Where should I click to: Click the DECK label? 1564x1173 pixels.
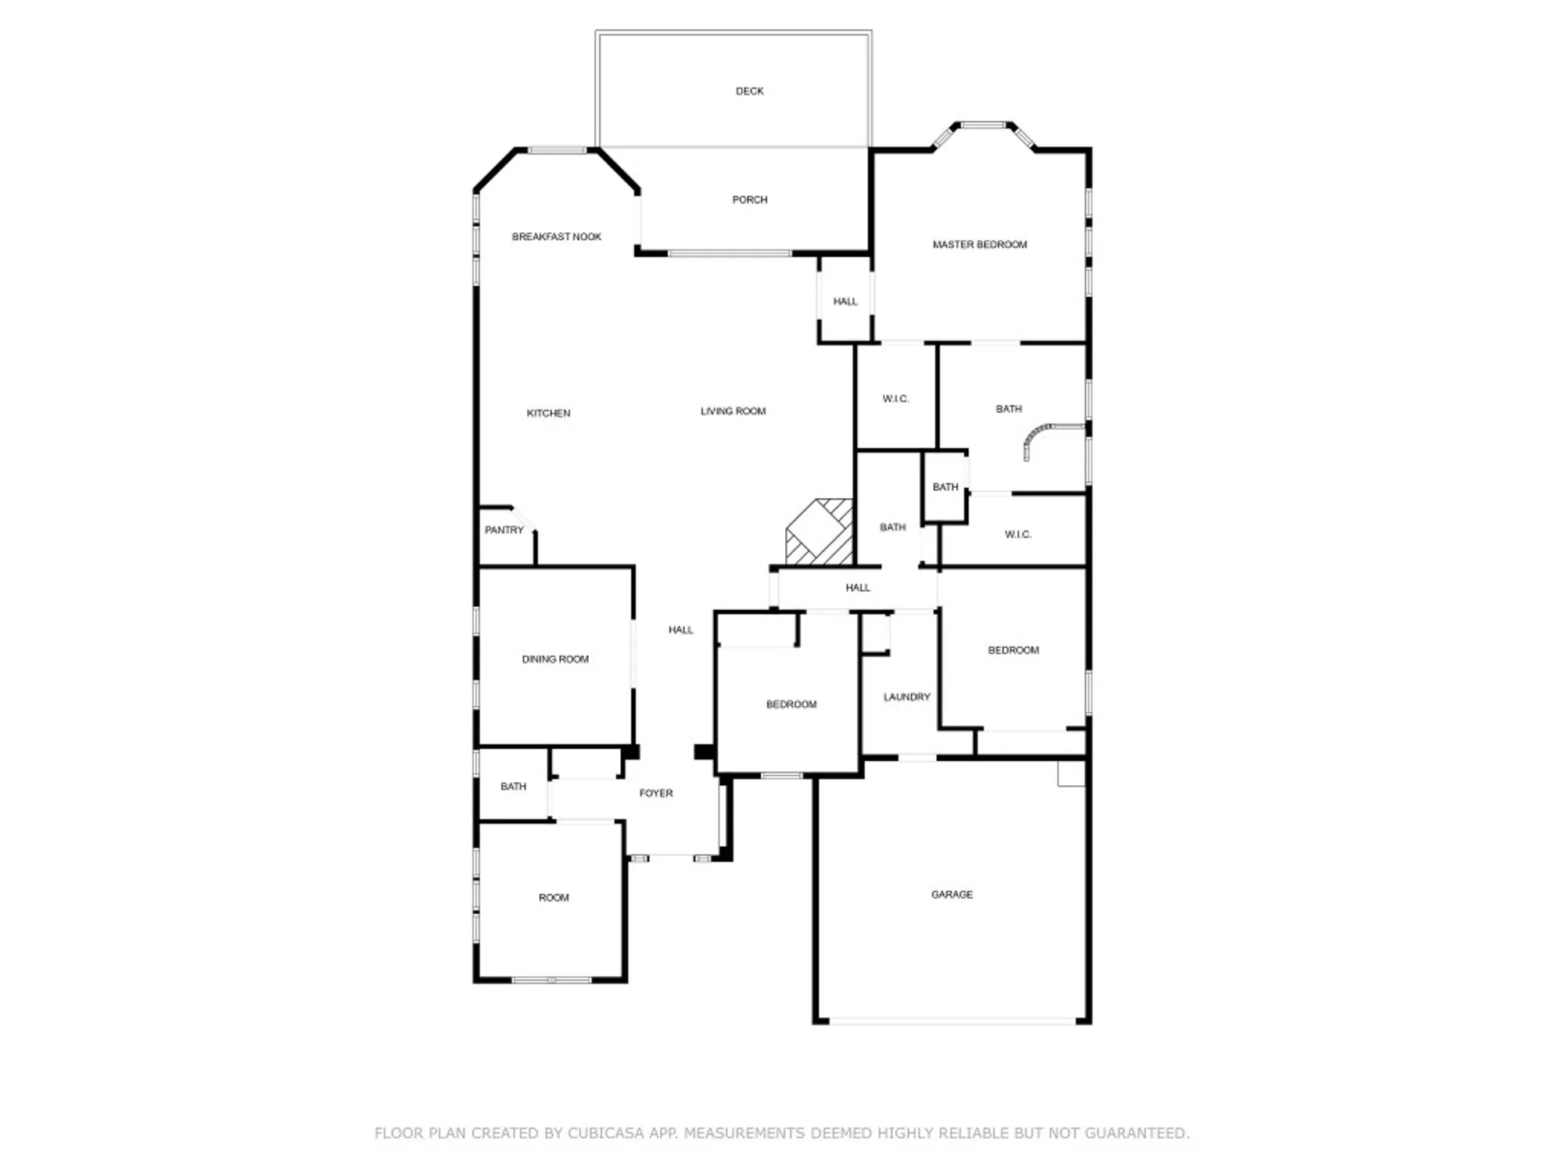pos(749,91)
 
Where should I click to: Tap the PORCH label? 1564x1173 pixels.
pos(749,200)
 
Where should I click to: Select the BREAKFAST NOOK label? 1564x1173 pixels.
pos(556,237)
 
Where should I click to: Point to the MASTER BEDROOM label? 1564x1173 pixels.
pos(979,245)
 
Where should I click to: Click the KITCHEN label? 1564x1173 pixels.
pos(548,413)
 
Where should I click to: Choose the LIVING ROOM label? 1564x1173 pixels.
pos(733,411)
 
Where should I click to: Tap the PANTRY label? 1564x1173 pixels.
pos(504,530)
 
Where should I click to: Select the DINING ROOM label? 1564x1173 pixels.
pos(554,659)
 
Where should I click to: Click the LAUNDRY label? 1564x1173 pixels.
pos(906,697)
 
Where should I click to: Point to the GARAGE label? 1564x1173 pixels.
pos(952,895)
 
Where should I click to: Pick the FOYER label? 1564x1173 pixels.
pos(655,793)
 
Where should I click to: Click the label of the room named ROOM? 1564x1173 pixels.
pos(553,898)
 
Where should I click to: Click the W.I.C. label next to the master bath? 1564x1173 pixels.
pos(895,399)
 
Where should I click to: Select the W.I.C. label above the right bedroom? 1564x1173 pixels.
pos(1017,535)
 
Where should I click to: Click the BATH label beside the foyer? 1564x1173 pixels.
pos(513,787)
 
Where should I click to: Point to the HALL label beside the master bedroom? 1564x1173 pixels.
pos(845,302)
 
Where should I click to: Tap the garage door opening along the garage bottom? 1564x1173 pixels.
pos(952,1021)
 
